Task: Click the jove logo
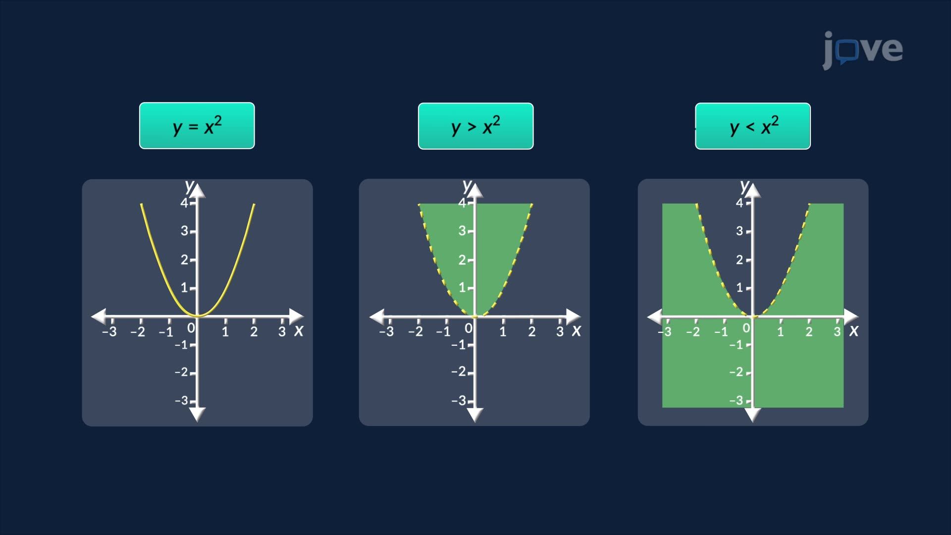[862, 50]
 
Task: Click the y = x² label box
[197, 126]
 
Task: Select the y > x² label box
[475, 126]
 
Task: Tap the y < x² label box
[753, 126]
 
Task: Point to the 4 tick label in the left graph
[184, 203]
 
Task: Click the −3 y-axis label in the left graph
[182, 400]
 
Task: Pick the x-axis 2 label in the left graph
[254, 332]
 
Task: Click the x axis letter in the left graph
[298, 330]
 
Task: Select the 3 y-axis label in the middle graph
[462, 231]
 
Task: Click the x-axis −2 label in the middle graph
[416, 332]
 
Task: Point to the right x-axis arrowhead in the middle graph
[574, 316]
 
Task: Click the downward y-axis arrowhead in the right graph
[752, 415]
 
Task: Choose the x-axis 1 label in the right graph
[780, 332]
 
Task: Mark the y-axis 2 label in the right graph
[740, 260]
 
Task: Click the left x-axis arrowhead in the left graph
[99, 316]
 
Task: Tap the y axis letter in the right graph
[744, 186]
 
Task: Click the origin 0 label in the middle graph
[469, 328]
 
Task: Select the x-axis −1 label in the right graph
[721, 332]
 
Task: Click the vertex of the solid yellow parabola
[198, 315]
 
